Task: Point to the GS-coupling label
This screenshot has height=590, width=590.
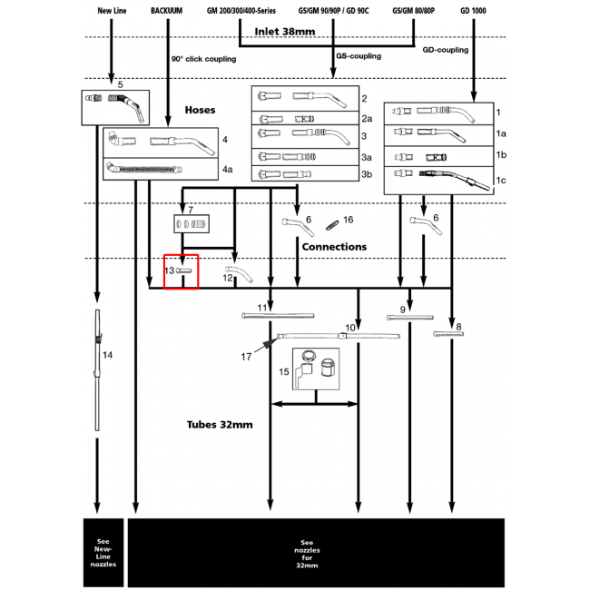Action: tap(358, 56)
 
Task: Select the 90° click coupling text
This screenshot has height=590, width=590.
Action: tap(203, 59)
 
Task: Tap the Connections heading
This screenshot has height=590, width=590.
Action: tap(334, 246)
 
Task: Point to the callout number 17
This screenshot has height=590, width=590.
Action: tap(246, 357)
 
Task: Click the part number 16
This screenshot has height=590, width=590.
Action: tap(348, 220)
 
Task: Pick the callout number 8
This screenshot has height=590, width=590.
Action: tap(459, 326)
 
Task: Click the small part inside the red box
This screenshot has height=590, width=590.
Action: tap(184, 270)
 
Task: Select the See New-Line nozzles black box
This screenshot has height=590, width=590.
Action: tap(103, 552)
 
